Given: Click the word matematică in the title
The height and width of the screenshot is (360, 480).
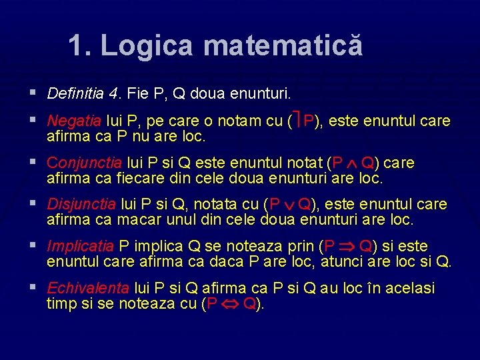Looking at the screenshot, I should coord(283,46).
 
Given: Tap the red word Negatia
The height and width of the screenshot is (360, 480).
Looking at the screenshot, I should coord(75,121).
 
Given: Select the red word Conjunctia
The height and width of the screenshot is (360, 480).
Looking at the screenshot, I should coord(84,163).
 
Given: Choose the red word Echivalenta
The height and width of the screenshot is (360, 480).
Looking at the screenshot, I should coord(88,289).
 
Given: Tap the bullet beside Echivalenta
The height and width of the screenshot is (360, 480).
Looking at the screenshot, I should coord(34,288).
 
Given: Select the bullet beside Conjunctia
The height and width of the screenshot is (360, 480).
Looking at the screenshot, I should coord(34,163).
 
